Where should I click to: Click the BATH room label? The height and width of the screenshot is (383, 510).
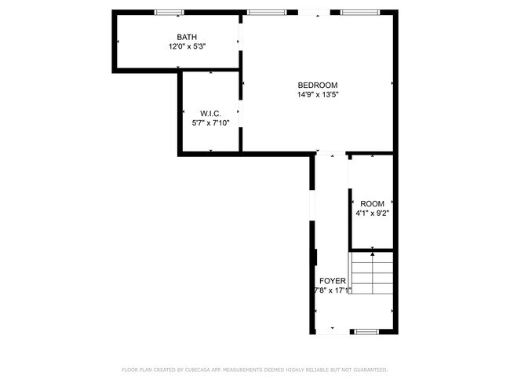tap(187, 37)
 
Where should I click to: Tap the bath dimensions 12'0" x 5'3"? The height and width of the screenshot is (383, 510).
tap(187, 46)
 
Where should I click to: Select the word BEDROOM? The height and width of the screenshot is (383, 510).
tap(317, 86)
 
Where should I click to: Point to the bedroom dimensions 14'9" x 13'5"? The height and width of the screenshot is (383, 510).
tap(317, 95)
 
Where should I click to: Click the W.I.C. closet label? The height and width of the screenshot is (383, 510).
tap(210, 114)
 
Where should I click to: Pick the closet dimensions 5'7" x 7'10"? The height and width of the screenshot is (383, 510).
tap(210, 123)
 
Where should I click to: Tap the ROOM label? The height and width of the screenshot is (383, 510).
tap(372, 203)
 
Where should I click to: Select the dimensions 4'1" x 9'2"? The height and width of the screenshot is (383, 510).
tap(372, 213)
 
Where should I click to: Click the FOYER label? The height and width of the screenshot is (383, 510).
tap(331, 280)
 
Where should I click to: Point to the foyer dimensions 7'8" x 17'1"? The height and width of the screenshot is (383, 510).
tap(331, 290)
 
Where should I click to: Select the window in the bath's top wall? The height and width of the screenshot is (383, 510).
tap(169, 13)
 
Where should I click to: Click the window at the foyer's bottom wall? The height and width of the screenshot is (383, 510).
tap(366, 332)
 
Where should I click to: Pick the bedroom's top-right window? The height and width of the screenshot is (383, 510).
tap(357, 13)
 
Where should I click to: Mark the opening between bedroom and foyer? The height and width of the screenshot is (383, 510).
tap(330, 154)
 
